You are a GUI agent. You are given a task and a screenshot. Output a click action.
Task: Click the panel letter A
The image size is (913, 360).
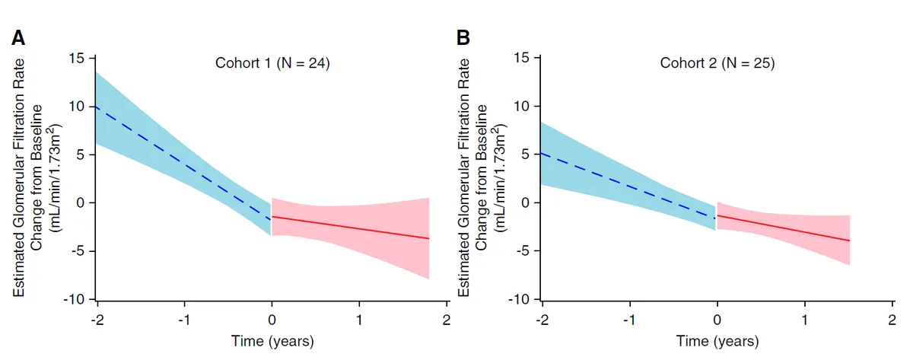17,37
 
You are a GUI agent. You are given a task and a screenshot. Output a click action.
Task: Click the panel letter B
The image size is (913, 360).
463,37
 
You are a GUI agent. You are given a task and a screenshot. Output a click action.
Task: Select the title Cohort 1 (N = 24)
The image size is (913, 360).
272,64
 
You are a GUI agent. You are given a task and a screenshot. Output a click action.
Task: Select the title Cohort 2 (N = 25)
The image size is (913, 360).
717,64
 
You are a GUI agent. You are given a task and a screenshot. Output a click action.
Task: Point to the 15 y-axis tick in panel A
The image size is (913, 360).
78,58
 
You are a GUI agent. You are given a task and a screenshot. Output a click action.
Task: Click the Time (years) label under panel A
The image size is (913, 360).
272,340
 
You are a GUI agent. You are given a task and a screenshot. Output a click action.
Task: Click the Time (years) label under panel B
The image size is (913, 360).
717,340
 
